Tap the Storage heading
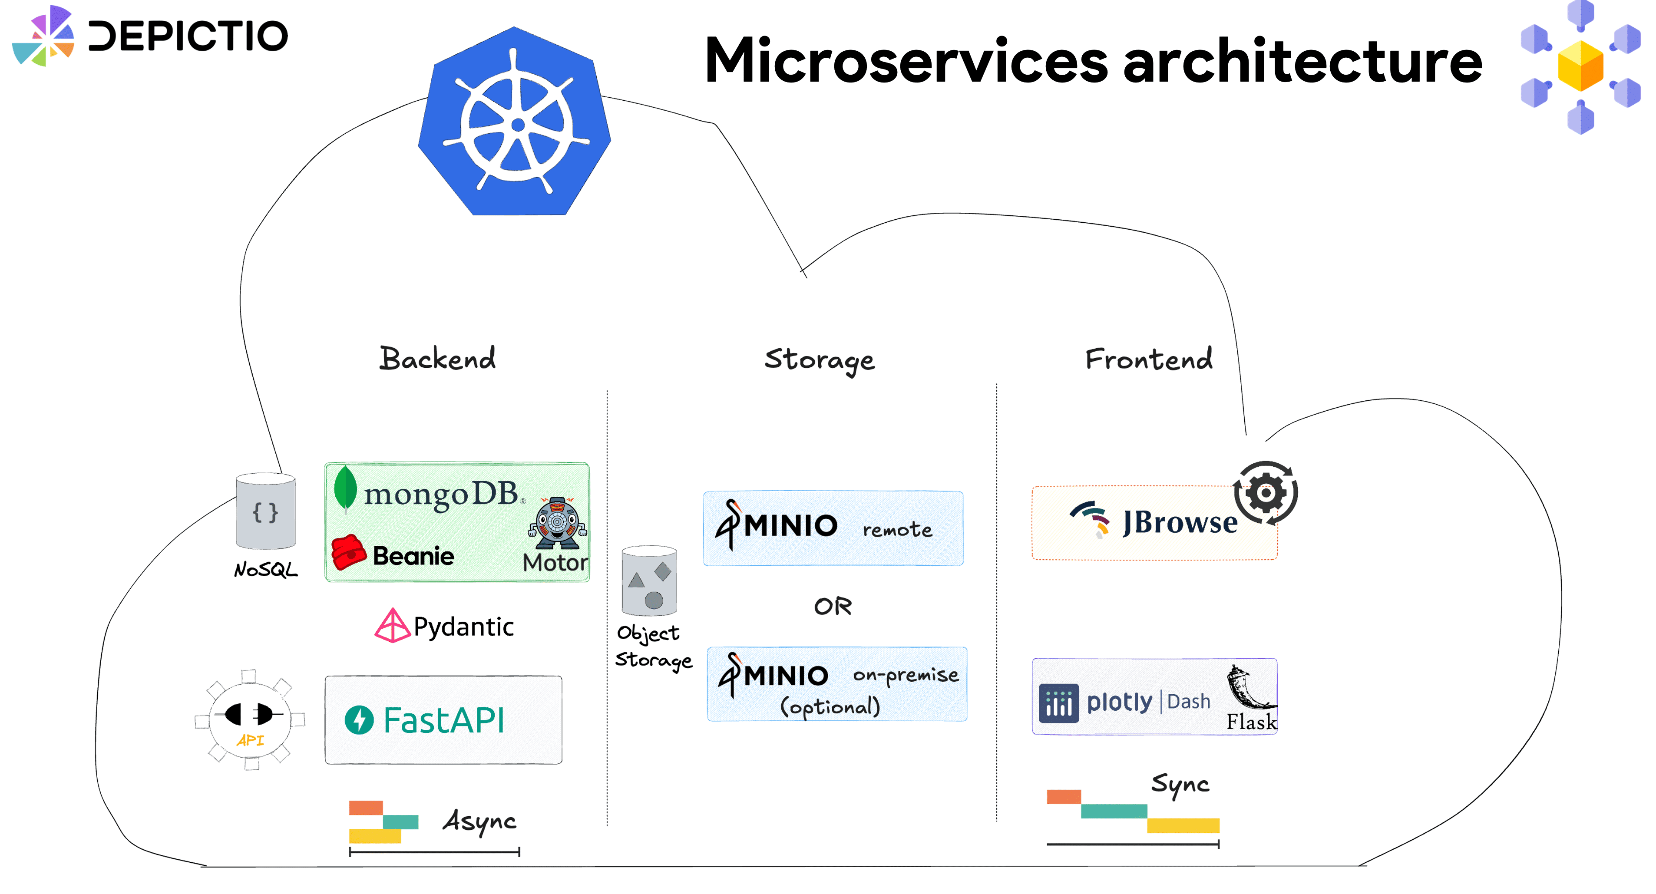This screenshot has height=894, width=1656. click(x=819, y=360)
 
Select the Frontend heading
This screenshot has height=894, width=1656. click(x=1148, y=359)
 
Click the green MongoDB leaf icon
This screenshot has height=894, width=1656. click(x=345, y=488)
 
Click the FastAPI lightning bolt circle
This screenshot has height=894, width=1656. click(x=359, y=720)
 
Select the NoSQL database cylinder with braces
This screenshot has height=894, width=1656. click(x=265, y=511)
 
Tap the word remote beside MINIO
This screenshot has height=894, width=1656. click(x=897, y=530)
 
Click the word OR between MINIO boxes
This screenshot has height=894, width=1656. click(x=833, y=606)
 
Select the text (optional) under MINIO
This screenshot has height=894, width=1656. click(x=829, y=706)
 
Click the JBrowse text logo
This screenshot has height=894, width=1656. click(x=1179, y=522)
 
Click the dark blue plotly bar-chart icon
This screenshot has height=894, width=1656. click(x=1058, y=703)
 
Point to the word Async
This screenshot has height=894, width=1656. click(x=479, y=821)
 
